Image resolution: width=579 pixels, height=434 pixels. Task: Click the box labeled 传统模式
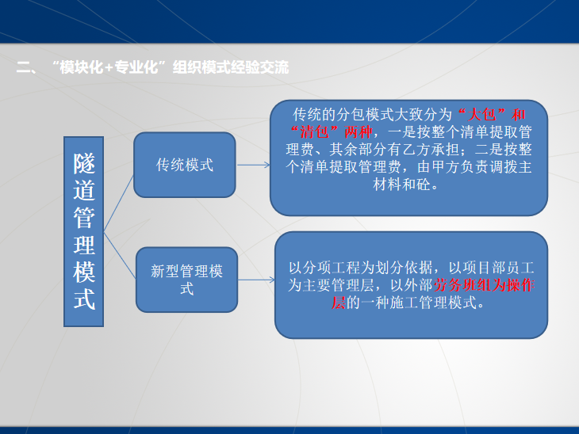click(x=185, y=165)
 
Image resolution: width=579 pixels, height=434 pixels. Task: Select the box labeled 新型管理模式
click(x=186, y=280)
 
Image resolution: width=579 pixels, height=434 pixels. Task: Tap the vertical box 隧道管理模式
click(x=84, y=231)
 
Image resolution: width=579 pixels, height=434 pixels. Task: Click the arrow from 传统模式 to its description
click(x=254, y=165)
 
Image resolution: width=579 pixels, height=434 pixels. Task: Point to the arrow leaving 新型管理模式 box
click(x=255, y=280)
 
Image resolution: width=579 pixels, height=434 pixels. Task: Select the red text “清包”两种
click(x=326, y=131)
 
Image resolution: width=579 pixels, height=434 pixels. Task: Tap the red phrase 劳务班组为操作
click(x=484, y=286)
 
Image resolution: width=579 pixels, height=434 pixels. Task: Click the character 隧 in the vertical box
click(x=84, y=165)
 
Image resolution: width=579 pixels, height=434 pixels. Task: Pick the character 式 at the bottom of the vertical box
click(x=84, y=299)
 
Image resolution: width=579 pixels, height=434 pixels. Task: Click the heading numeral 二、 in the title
click(x=26, y=68)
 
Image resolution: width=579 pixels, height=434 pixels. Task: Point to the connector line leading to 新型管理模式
click(x=119, y=257)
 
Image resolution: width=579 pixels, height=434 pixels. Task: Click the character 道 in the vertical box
click(x=84, y=192)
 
